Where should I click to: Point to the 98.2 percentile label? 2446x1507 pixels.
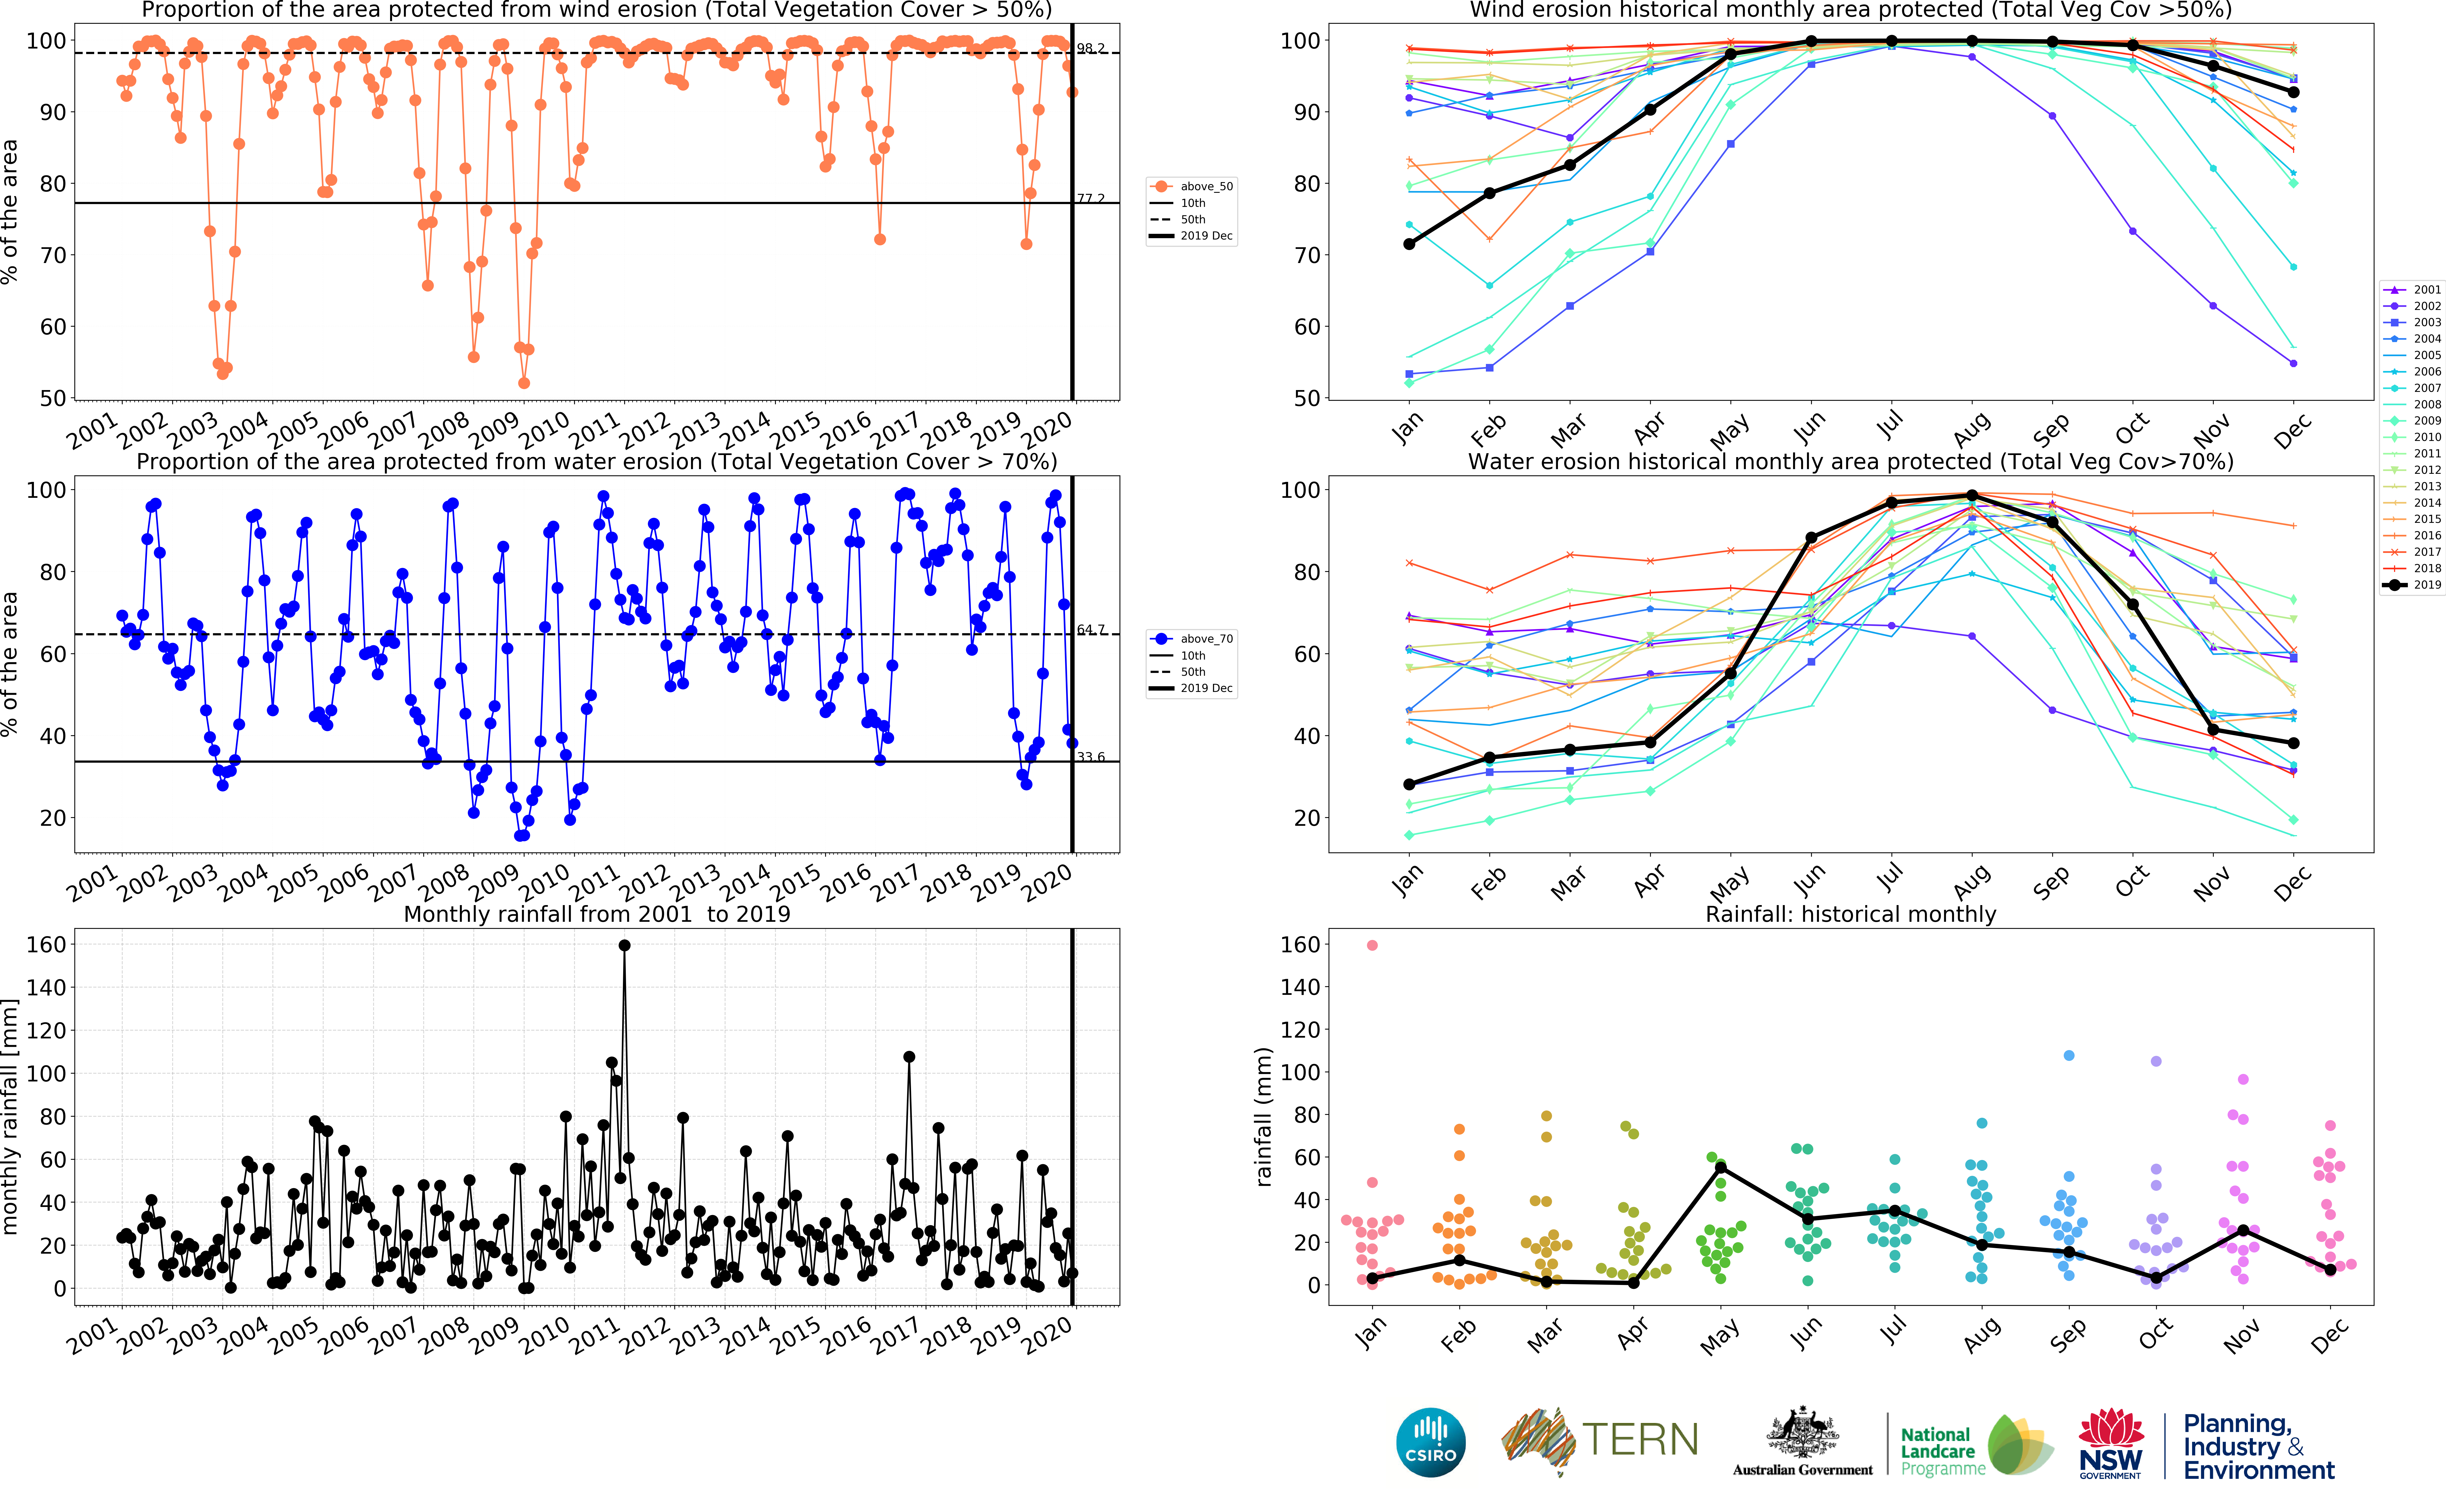tap(1091, 48)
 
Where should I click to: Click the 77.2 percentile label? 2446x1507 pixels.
tap(1091, 198)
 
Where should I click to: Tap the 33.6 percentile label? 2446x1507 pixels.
tap(1091, 757)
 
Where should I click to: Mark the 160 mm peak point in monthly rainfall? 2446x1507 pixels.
tap(624, 946)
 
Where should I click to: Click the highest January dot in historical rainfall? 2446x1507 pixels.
tap(1372, 945)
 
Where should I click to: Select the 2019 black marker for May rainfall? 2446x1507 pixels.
tap(1720, 1168)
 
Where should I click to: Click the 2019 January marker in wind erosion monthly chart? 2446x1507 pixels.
tap(1409, 244)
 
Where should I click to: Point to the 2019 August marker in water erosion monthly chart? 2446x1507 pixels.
tap(1972, 495)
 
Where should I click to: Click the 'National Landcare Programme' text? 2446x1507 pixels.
tap(1941, 1451)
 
